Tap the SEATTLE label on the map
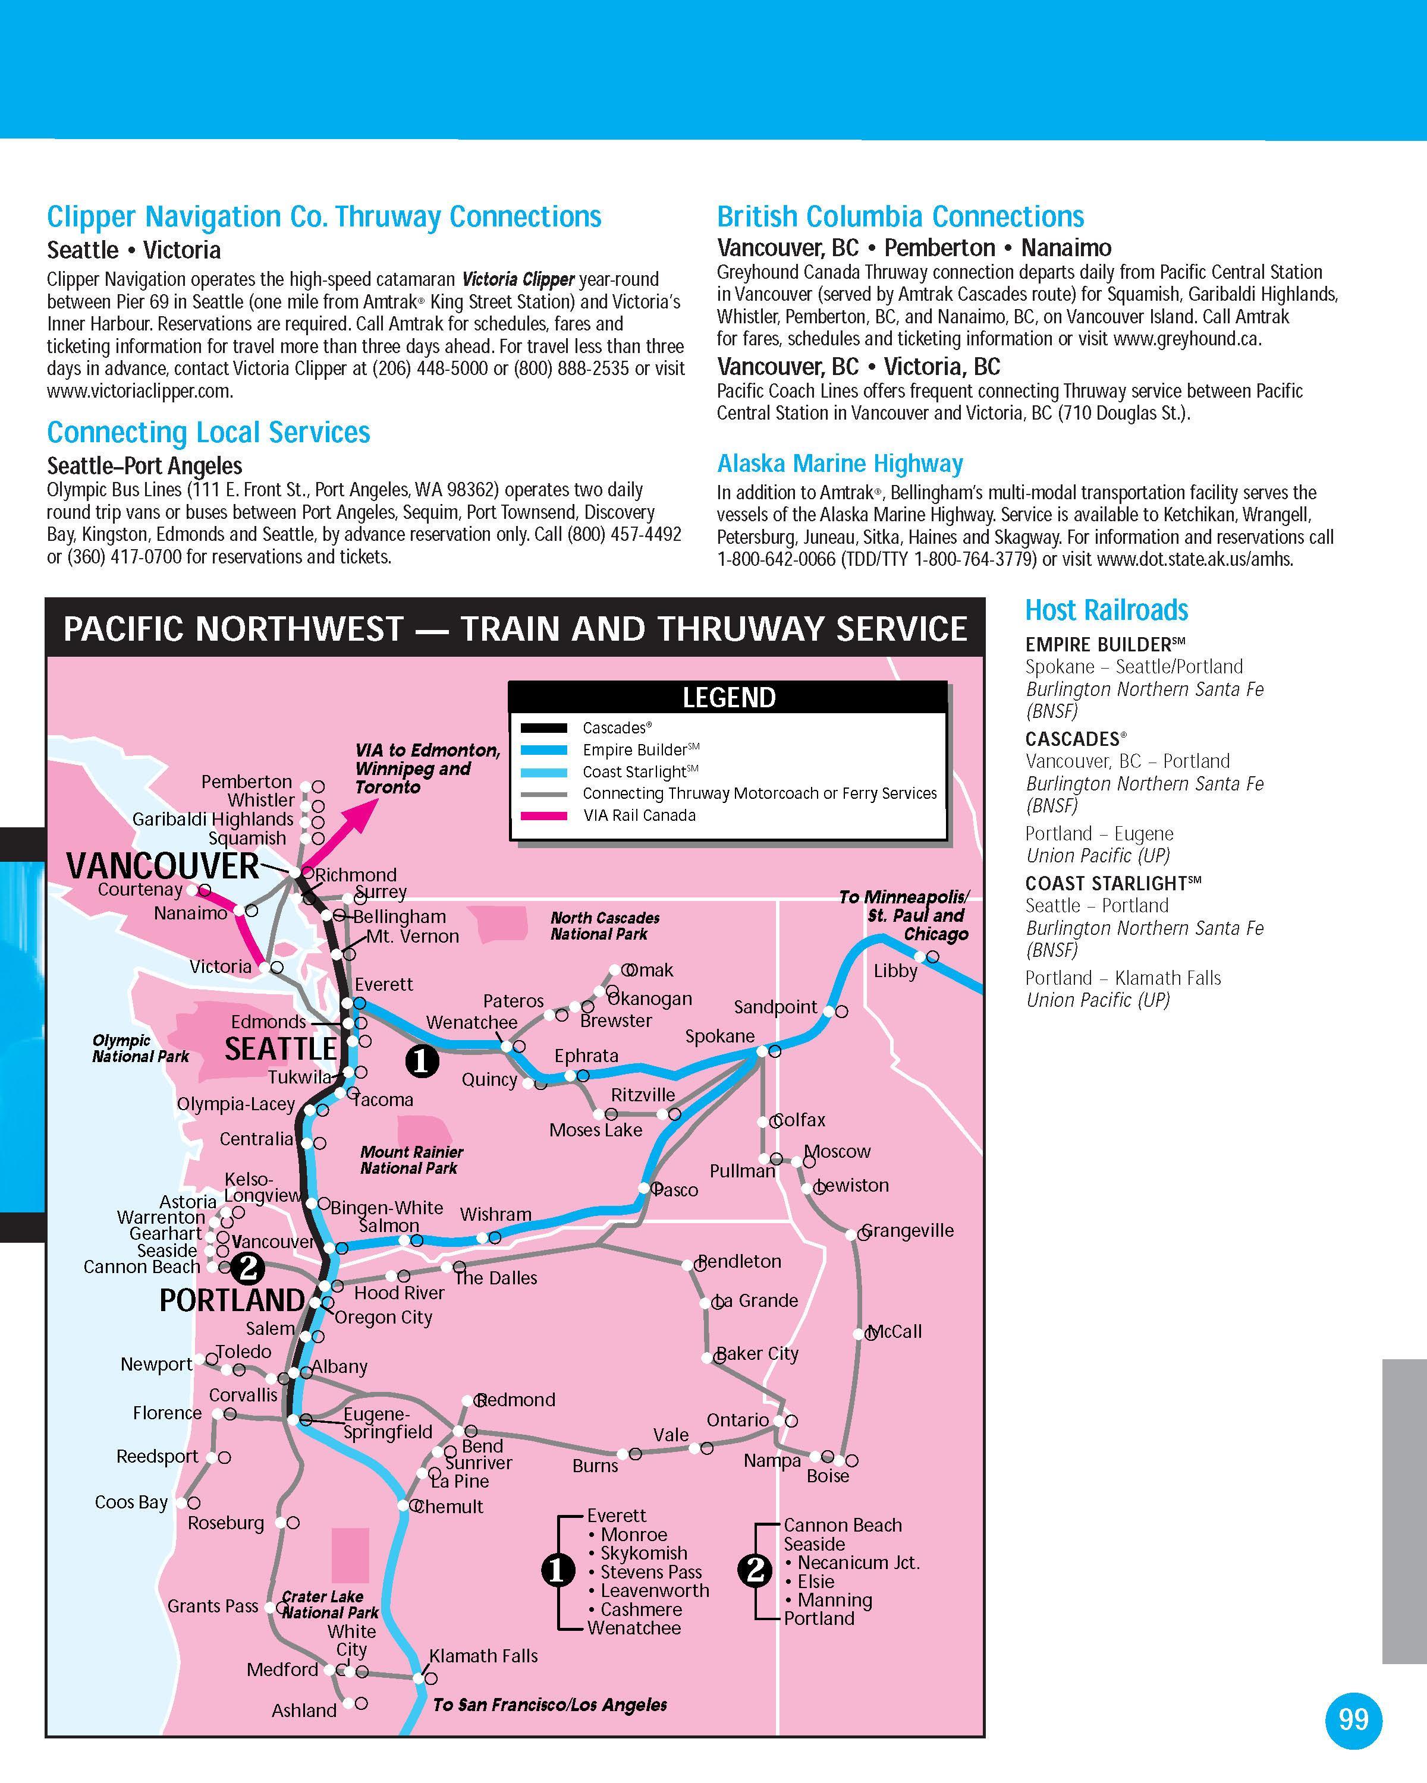pyautogui.click(x=281, y=1048)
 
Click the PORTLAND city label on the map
pyautogui.click(x=232, y=1300)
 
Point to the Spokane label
pyautogui.click(x=719, y=1037)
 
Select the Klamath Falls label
pyautogui.click(x=483, y=1656)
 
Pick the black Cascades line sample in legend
pyautogui.click(x=543, y=727)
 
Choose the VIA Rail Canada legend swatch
pyautogui.click(x=543, y=815)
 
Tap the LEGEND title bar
pyautogui.click(x=728, y=697)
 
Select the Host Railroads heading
pyautogui.click(x=1106, y=610)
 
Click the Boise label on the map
pyautogui.click(x=827, y=1476)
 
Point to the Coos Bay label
pyautogui.click(x=131, y=1502)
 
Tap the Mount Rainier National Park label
pyautogui.click(x=411, y=1160)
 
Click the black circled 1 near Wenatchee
pyautogui.click(x=421, y=1060)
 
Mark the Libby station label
pyautogui.click(x=895, y=971)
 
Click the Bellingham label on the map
pyautogui.click(x=400, y=916)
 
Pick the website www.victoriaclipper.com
pyautogui.click(x=140, y=391)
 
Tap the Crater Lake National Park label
pyautogui.click(x=329, y=1604)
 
